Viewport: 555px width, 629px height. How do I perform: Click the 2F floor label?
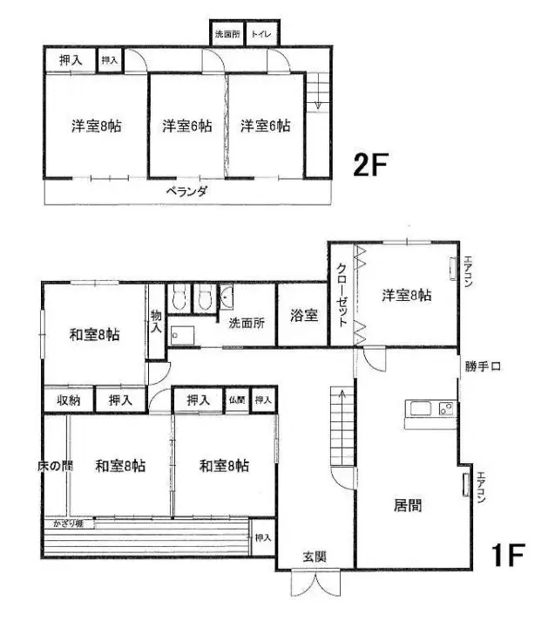[x=369, y=164]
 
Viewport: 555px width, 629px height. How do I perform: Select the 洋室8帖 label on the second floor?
[x=96, y=126]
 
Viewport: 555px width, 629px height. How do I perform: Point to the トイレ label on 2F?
[x=261, y=35]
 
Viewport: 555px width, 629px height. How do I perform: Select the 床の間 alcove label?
[x=54, y=466]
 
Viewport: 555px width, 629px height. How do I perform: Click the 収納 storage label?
[x=69, y=400]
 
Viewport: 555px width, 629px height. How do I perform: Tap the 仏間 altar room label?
[x=236, y=400]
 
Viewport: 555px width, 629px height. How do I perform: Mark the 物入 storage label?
[x=156, y=322]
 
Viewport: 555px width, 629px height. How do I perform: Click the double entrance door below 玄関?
[x=315, y=584]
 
